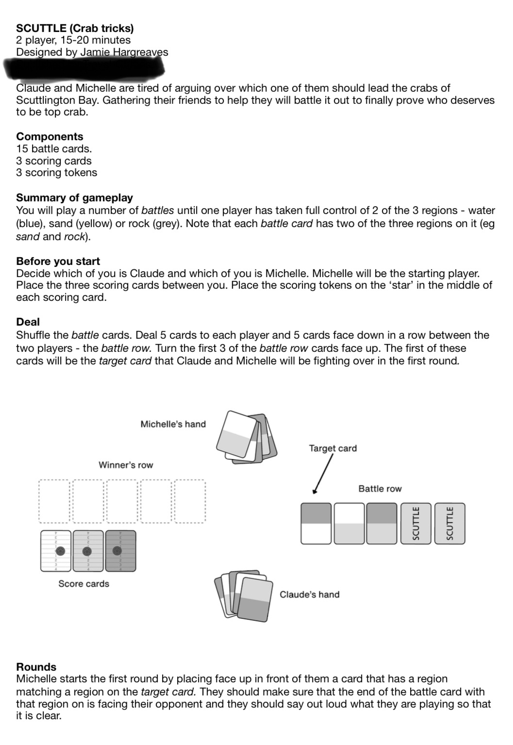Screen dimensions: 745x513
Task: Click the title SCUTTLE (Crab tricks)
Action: (75, 28)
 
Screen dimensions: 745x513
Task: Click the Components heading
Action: (50, 136)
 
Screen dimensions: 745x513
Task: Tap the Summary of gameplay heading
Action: (74, 198)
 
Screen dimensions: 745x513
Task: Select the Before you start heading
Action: (58, 261)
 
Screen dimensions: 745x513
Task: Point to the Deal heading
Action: (28, 322)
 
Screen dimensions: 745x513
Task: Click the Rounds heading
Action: (36, 666)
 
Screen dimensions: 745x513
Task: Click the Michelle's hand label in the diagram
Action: (173, 424)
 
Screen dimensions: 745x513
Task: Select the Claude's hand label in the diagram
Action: (309, 595)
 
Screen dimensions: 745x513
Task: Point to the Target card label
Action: (332, 448)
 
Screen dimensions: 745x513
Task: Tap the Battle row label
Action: (380, 489)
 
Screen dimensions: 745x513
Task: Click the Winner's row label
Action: (126, 465)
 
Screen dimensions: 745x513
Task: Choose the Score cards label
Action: (83, 583)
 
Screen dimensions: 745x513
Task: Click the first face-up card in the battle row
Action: (316, 524)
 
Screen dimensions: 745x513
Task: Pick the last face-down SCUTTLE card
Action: (449, 524)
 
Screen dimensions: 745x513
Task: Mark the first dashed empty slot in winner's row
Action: (54, 501)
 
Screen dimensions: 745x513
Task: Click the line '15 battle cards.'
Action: (54, 149)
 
